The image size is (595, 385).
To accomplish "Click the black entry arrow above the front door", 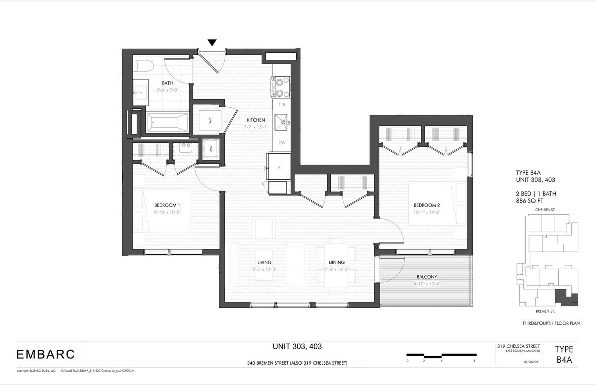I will [x=212, y=43].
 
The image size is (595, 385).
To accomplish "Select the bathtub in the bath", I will [x=167, y=122].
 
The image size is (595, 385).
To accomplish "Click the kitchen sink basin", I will [x=281, y=122].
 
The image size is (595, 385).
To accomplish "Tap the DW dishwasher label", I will [x=282, y=143].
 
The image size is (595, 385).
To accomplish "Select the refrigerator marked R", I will [x=279, y=167].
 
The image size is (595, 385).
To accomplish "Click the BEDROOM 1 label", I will [x=167, y=205].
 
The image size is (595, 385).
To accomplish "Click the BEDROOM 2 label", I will [x=427, y=205].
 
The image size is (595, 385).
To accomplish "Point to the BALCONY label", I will [x=427, y=277].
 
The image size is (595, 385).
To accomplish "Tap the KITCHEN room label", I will [x=256, y=120].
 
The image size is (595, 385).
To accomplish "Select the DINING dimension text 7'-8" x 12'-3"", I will [x=337, y=269].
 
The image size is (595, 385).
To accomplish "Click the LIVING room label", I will [x=264, y=263].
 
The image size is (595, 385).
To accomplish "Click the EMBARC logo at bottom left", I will [x=45, y=354].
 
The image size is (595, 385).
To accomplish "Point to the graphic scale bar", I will [x=441, y=355].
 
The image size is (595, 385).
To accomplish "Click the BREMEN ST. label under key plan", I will [x=545, y=311].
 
